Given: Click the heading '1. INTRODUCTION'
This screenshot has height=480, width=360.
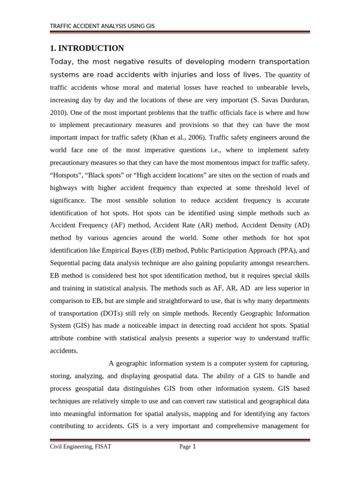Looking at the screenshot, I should point(87,48).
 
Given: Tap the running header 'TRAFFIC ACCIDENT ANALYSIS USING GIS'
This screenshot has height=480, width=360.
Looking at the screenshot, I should point(102,26).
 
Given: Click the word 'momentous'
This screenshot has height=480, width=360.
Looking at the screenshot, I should point(215,163).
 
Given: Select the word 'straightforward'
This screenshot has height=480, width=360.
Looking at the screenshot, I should point(173,300).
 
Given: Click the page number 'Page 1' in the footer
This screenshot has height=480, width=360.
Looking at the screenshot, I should point(187,447).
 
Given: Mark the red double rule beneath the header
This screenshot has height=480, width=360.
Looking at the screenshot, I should point(180,32).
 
